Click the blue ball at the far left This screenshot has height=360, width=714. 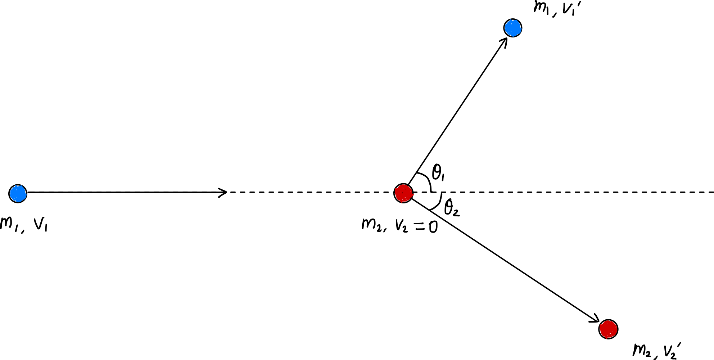click(x=18, y=194)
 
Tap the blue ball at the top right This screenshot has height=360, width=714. click(x=513, y=28)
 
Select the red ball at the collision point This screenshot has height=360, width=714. click(x=403, y=193)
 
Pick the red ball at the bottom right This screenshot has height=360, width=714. click(x=608, y=329)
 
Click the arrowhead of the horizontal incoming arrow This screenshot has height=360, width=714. click(x=223, y=193)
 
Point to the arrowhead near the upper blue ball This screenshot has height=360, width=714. click(x=504, y=42)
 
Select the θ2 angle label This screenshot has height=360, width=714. click(x=452, y=208)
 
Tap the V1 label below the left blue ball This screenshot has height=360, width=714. click(x=41, y=225)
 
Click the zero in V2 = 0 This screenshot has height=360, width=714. click(x=433, y=227)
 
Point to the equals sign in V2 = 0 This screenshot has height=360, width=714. click(x=419, y=226)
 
